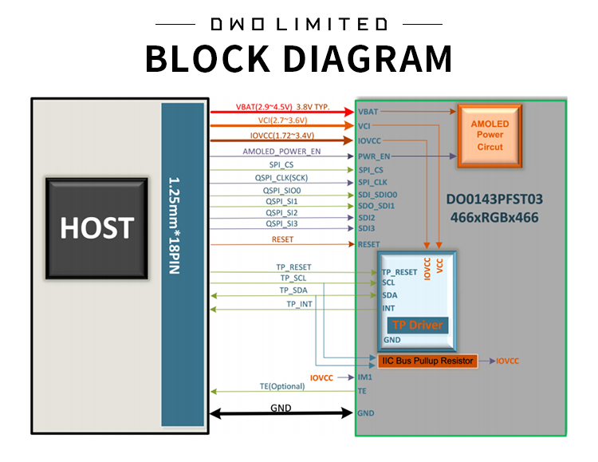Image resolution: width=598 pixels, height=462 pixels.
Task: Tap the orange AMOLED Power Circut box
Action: (490, 135)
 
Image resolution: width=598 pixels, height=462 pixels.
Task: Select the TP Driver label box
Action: (417, 325)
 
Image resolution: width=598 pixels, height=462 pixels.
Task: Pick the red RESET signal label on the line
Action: (282, 239)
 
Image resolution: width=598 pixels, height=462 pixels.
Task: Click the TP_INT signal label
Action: (300, 304)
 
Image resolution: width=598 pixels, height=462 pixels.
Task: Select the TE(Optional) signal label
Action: (282, 386)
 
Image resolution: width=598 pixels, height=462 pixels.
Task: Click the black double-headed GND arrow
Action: (281, 413)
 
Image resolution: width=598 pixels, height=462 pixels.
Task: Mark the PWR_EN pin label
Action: (373, 156)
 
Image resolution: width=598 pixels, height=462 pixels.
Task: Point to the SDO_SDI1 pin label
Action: (377, 206)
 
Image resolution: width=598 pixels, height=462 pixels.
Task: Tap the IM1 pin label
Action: (365, 377)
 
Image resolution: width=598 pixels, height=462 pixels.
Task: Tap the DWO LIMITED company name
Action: (299, 24)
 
